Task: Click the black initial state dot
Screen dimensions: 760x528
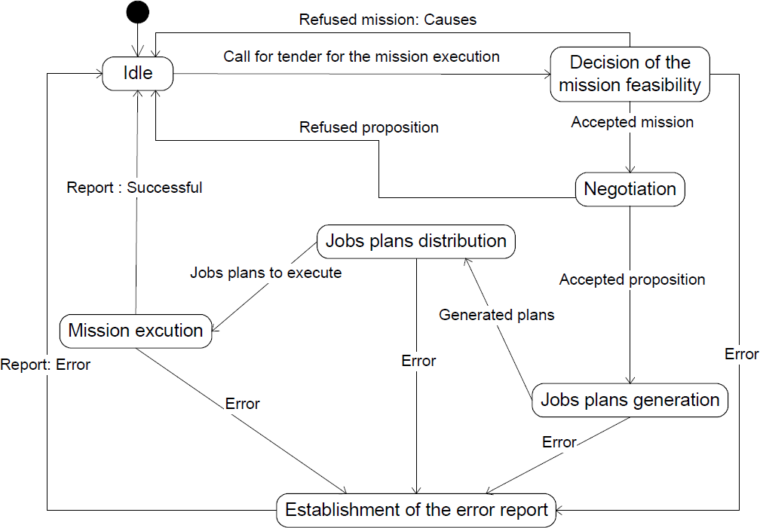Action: point(138,12)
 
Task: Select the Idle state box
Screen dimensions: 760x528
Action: point(138,74)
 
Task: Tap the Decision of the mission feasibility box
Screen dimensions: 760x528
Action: point(630,74)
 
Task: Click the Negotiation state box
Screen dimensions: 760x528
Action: point(630,189)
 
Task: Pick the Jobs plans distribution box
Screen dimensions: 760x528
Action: point(416,241)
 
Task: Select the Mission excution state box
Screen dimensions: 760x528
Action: point(136,331)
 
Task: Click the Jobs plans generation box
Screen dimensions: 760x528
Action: point(630,400)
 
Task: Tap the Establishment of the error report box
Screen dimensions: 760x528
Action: point(416,510)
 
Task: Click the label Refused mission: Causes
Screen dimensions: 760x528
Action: point(388,20)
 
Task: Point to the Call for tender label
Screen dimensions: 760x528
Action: point(362,56)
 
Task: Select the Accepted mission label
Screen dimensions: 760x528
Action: point(632,122)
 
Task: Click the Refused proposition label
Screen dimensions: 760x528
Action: point(369,127)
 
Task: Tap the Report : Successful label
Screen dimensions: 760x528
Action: point(134,188)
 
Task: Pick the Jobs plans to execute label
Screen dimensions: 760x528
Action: point(265,273)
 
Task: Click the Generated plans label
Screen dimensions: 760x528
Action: point(496,315)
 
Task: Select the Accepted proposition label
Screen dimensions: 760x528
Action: point(632,279)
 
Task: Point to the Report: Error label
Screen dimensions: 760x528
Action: point(45,365)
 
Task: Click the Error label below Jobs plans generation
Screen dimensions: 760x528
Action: point(559,442)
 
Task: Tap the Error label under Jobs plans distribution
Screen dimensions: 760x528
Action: point(418,361)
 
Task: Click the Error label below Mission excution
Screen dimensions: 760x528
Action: point(242,404)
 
